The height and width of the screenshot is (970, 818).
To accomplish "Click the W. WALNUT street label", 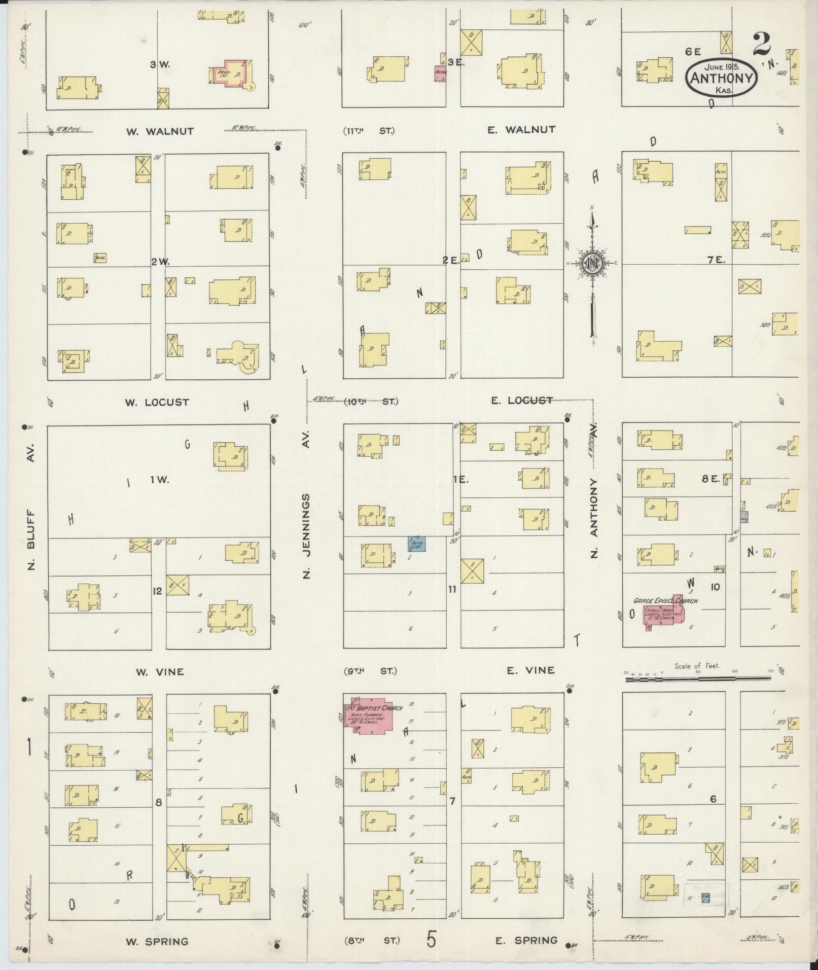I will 160,131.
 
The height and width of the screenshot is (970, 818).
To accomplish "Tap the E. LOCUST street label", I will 521,401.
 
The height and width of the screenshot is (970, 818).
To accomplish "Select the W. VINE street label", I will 160,672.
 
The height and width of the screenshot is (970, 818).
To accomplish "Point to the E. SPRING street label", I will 526,941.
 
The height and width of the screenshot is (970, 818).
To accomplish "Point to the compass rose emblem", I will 591,263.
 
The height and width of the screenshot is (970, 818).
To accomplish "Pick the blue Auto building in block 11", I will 417,545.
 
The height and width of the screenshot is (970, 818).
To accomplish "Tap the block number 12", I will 158,591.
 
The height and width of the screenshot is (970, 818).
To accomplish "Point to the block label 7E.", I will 718,260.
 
